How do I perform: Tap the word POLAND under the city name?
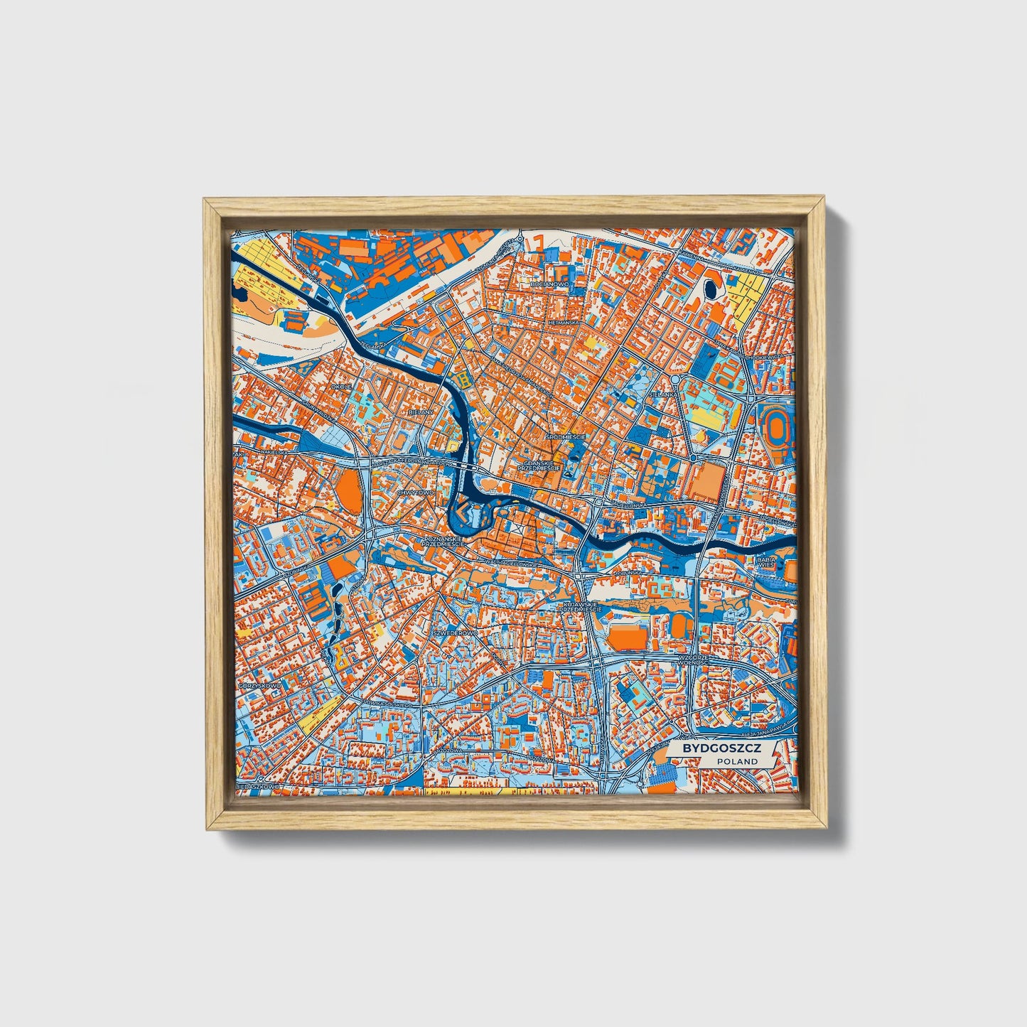point(737,761)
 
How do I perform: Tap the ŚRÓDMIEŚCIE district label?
point(565,436)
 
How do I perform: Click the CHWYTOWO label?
point(415,492)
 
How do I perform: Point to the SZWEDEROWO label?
point(455,631)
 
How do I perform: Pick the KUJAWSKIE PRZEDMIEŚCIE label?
point(581,607)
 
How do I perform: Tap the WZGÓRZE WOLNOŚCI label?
point(699,660)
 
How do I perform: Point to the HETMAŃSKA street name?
point(564,322)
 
